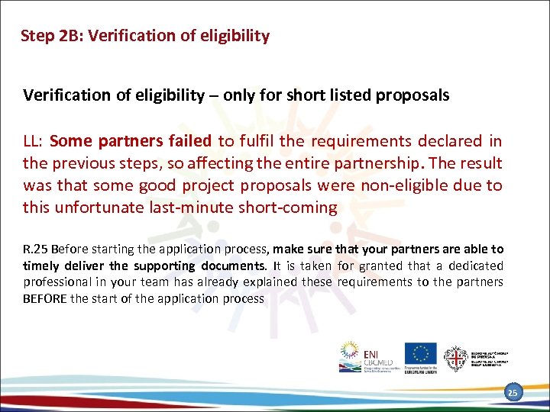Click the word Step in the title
point(37,36)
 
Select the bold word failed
point(189,140)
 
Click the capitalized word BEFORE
point(45,298)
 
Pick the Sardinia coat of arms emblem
point(457,357)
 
